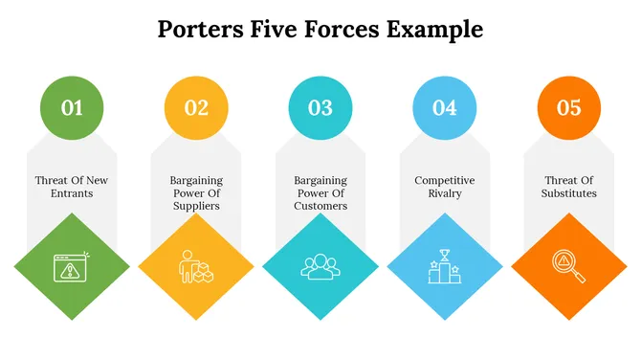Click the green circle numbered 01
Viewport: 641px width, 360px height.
(72, 107)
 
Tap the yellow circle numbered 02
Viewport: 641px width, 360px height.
(196, 107)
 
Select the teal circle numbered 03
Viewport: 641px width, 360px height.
(320, 107)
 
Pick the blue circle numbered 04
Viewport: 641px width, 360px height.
(445, 107)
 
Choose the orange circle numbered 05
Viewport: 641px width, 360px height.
(568, 107)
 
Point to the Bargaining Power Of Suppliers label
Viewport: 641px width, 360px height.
(195, 192)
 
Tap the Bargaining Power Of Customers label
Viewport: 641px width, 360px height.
(320, 192)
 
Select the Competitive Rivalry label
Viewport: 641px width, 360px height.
(445, 187)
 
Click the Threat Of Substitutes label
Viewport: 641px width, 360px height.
(570, 187)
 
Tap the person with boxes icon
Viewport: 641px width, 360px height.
(196, 266)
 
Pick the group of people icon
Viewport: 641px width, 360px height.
(320, 266)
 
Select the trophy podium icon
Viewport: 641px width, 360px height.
(445, 266)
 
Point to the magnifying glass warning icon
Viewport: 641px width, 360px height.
(568, 266)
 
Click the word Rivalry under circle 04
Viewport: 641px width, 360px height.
(445, 193)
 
